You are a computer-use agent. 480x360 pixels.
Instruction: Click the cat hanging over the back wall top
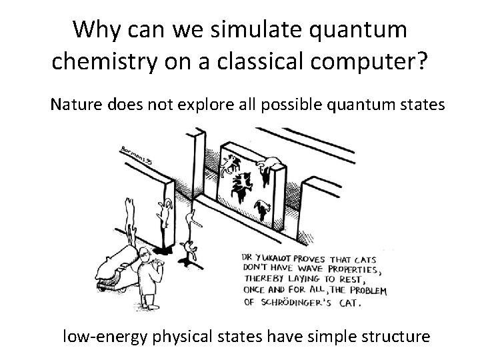point(271,166)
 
